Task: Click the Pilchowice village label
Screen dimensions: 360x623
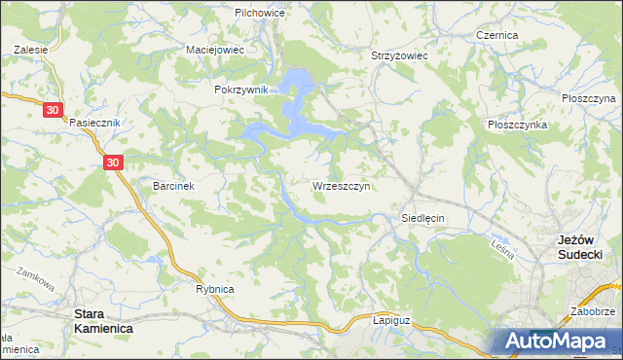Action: point(258,14)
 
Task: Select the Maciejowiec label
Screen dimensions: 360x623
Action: point(214,49)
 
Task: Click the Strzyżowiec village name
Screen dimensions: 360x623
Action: point(399,56)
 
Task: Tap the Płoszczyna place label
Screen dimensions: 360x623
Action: point(589,99)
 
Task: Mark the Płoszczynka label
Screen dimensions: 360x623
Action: point(517,126)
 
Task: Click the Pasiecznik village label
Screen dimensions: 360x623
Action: point(94,123)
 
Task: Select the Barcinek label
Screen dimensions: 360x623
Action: point(175,185)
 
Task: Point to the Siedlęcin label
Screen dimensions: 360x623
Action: point(422,219)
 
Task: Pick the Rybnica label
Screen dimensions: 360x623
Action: point(215,289)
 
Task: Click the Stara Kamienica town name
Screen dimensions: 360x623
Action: point(104,322)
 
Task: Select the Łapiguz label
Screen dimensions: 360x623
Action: point(394,318)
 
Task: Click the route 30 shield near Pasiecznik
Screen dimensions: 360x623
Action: point(54,111)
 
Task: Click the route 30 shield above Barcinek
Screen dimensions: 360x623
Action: point(113,163)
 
